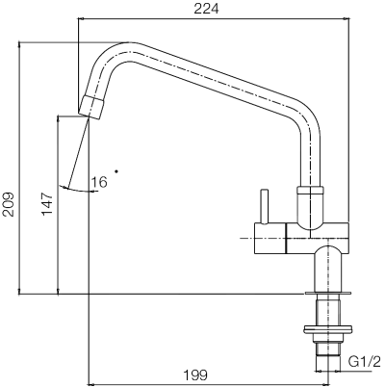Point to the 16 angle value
tap(99, 180)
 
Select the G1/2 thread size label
tap(365, 361)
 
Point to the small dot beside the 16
tap(116, 171)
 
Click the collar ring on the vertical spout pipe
tap(311, 192)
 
